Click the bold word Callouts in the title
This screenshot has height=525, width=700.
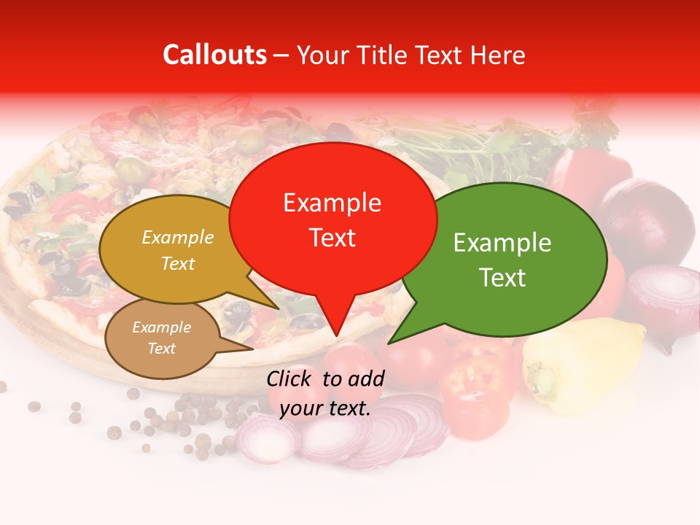click(x=214, y=55)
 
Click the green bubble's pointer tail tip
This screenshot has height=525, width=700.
click(x=389, y=342)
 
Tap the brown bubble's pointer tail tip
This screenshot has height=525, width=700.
click(x=252, y=348)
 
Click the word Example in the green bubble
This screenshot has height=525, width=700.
click(x=502, y=243)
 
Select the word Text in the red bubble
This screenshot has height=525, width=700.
click(x=332, y=238)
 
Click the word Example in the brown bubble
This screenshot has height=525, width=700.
click(x=161, y=327)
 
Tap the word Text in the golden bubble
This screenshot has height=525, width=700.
click(x=178, y=263)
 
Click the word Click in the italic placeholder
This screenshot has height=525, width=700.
click(x=290, y=378)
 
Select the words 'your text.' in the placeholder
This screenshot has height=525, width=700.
click(x=325, y=408)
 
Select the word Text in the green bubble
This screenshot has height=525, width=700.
click(x=503, y=278)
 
